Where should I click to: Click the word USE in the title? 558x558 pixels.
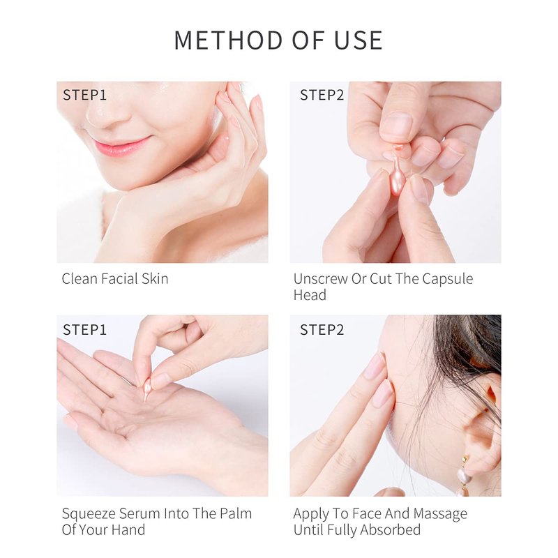click(x=359, y=40)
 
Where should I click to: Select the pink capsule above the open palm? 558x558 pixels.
click(x=146, y=389)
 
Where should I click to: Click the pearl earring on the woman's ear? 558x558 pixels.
click(x=465, y=476)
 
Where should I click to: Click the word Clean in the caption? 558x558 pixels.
click(x=80, y=278)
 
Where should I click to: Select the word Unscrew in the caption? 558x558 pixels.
click(x=320, y=278)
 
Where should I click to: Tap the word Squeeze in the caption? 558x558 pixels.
click(x=89, y=514)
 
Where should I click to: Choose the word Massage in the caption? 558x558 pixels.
click(x=440, y=514)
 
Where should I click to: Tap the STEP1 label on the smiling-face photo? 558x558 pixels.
click(x=84, y=95)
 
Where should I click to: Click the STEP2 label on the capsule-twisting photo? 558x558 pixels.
click(x=322, y=95)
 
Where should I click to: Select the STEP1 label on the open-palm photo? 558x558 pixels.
click(x=84, y=330)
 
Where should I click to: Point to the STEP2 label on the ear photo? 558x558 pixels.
click(x=322, y=330)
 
